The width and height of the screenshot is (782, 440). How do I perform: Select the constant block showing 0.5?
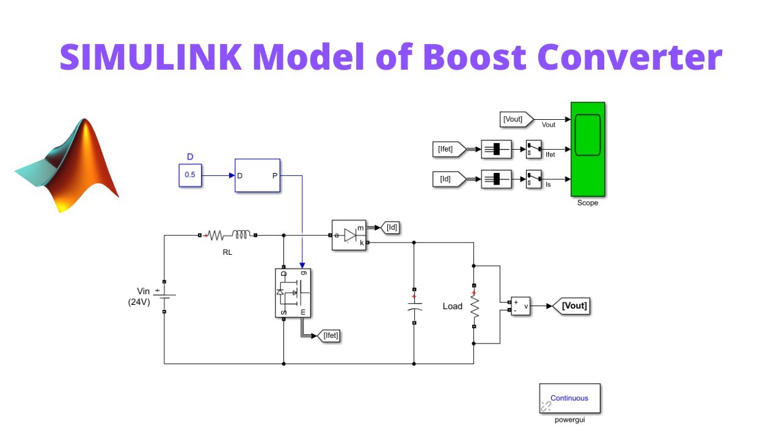189,175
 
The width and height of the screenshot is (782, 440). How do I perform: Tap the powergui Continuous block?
569,398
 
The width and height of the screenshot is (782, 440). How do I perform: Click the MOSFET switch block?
293,293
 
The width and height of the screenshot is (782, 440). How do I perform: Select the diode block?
349,235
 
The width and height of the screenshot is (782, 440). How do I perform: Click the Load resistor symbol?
473,306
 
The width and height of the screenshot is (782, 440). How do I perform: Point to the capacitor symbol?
414,306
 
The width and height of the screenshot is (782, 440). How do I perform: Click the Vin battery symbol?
164,296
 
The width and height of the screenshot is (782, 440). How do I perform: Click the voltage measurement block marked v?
521,306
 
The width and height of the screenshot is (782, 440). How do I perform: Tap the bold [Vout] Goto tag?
572,306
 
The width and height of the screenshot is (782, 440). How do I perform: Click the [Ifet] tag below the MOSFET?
328,335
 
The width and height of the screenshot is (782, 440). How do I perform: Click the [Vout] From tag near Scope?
515,119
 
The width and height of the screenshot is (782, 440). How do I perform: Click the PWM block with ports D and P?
257,175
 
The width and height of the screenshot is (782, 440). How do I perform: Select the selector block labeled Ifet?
533,148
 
